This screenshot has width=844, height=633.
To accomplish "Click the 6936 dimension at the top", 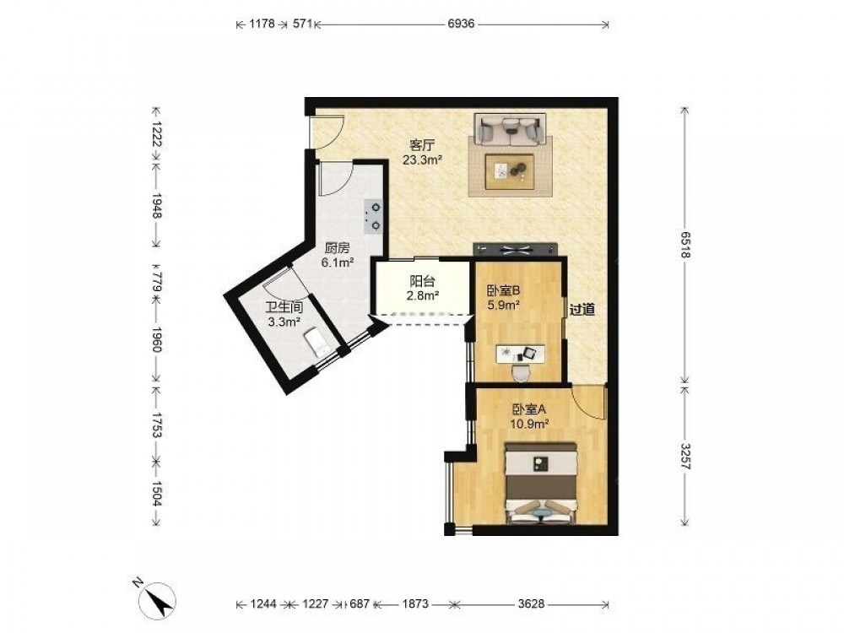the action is click(x=462, y=24).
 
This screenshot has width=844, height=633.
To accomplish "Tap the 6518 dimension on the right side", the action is click(x=684, y=246).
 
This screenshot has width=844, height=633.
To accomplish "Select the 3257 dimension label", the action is click(x=684, y=456).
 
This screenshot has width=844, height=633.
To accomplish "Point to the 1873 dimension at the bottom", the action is click(x=415, y=604).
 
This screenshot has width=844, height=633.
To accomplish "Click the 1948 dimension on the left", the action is click(x=157, y=206).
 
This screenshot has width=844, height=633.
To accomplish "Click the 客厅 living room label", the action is click(x=423, y=145).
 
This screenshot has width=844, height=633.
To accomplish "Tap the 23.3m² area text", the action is click(x=423, y=160).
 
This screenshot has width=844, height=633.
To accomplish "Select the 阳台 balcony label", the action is click(x=423, y=281).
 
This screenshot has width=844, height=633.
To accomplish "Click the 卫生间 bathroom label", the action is click(x=284, y=308).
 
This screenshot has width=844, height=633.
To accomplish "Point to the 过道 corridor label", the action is click(x=582, y=310).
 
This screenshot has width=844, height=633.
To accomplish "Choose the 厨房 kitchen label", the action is click(x=337, y=249).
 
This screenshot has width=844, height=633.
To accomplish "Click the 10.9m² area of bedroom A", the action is click(x=530, y=424).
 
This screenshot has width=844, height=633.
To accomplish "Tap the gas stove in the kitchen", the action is click(x=374, y=216).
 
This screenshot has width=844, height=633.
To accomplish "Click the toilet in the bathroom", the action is click(x=317, y=343).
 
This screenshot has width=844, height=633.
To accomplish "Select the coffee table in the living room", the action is click(x=509, y=171).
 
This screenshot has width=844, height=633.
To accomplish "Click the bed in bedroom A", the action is click(x=540, y=483).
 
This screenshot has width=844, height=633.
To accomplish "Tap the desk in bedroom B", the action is click(x=520, y=353).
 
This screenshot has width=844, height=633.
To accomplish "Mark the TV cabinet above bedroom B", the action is click(x=516, y=249).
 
